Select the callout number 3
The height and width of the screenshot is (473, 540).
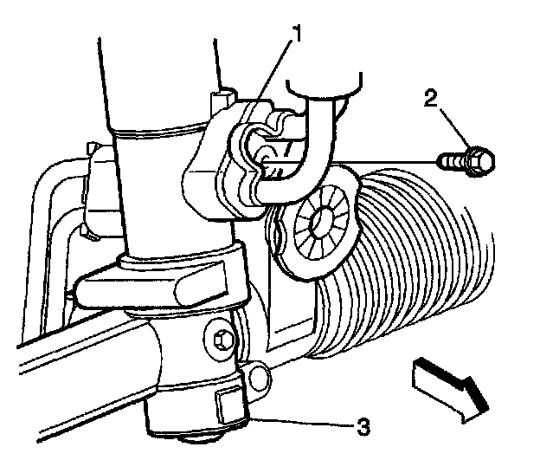(x=364, y=426)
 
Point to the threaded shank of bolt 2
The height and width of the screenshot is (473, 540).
(x=453, y=160)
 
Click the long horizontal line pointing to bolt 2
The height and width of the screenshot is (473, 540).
(x=381, y=160)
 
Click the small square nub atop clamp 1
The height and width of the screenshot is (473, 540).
(x=222, y=94)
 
